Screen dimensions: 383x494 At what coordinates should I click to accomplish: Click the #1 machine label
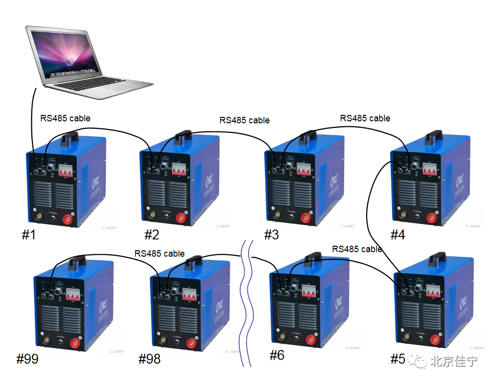(x=29, y=234)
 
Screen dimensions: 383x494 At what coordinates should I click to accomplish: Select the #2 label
(x=152, y=234)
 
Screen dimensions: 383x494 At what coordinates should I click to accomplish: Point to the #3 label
(x=271, y=234)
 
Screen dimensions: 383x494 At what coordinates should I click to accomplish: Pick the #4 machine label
(x=397, y=234)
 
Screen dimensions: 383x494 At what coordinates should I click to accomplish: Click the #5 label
(x=398, y=359)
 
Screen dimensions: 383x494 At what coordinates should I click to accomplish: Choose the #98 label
(x=149, y=359)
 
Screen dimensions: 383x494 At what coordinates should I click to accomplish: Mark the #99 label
(x=27, y=359)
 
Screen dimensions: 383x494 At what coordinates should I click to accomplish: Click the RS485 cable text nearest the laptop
(x=65, y=118)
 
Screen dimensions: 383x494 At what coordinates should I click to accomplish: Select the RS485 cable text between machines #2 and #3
(x=244, y=120)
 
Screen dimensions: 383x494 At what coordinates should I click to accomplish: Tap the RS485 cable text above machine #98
(x=159, y=253)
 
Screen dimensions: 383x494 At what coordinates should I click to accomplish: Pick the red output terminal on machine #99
(x=76, y=343)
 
